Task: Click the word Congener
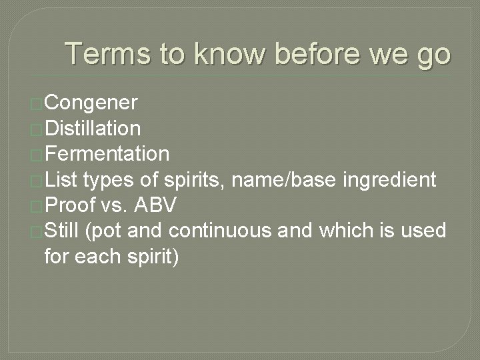[91, 103]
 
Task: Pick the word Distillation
[92, 128]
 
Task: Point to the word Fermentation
[107, 154]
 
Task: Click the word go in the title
[433, 54]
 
